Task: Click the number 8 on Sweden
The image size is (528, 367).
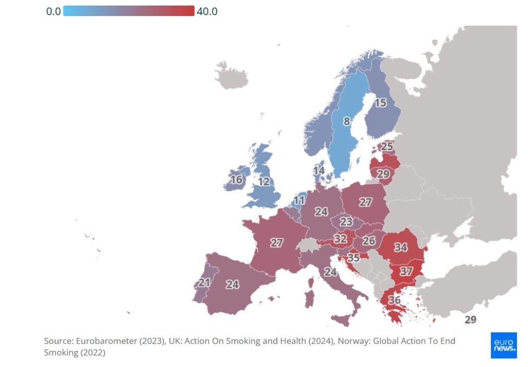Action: click(x=346, y=122)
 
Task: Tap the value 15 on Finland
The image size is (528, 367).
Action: click(x=380, y=103)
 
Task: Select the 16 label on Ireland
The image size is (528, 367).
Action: click(x=236, y=180)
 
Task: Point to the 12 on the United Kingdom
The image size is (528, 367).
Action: click(x=264, y=182)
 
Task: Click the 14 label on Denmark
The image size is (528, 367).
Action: click(x=319, y=170)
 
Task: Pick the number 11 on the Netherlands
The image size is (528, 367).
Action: click(x=300, y=200)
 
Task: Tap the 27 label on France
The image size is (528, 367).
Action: click(x=277, y=243)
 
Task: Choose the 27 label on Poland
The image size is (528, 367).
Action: click(x=366, y=202)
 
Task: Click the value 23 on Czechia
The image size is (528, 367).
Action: click(x=346, y=222)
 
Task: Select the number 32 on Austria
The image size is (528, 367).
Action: click(x=340, y=239)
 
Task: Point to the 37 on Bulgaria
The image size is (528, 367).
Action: click(x=406, y=272)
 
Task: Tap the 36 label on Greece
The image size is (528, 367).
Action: click(x=394, y=300)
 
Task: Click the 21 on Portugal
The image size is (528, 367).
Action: click(x=204, y=283)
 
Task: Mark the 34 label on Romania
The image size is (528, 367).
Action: click(x=401, y=247)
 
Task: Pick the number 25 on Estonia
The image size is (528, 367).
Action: click(x=387, y=146)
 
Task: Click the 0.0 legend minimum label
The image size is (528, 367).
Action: click(x=53, y=11)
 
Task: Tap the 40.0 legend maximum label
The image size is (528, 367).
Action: click(x=207, y=11)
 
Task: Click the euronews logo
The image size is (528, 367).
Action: click(x=503, y=345)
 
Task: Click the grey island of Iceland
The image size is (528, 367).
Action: click(x=231, y=76)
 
